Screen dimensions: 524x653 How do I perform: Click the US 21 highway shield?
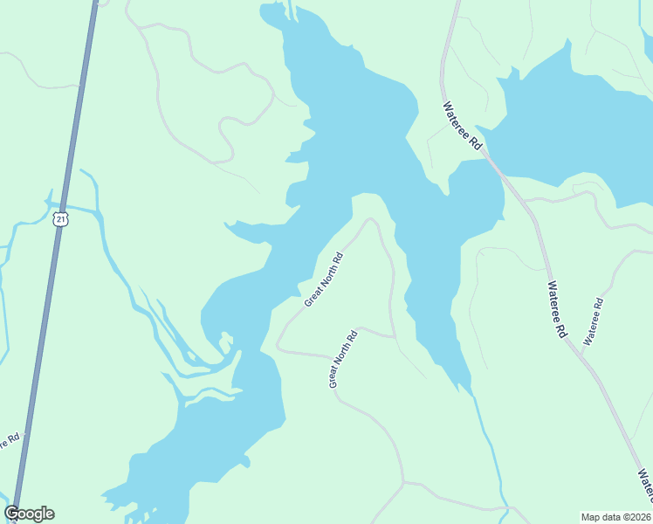(x=59, y=219)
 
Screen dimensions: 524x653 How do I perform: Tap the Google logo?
(x=30, y=514)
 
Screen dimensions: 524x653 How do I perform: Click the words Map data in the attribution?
(x=601, y=517)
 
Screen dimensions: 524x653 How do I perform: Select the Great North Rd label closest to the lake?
(x=324, y=280)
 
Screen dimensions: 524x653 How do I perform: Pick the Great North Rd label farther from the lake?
(x=343, y=359)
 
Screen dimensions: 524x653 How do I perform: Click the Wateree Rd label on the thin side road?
(x=594, y=322)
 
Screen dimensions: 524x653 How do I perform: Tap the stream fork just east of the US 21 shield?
(x=98, y=211)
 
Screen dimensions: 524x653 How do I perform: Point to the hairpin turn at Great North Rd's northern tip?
(x=369, y=220)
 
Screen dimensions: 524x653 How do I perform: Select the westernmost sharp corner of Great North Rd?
(x=278, y=347)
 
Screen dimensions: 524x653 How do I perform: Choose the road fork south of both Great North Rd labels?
(x=403, y=481)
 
